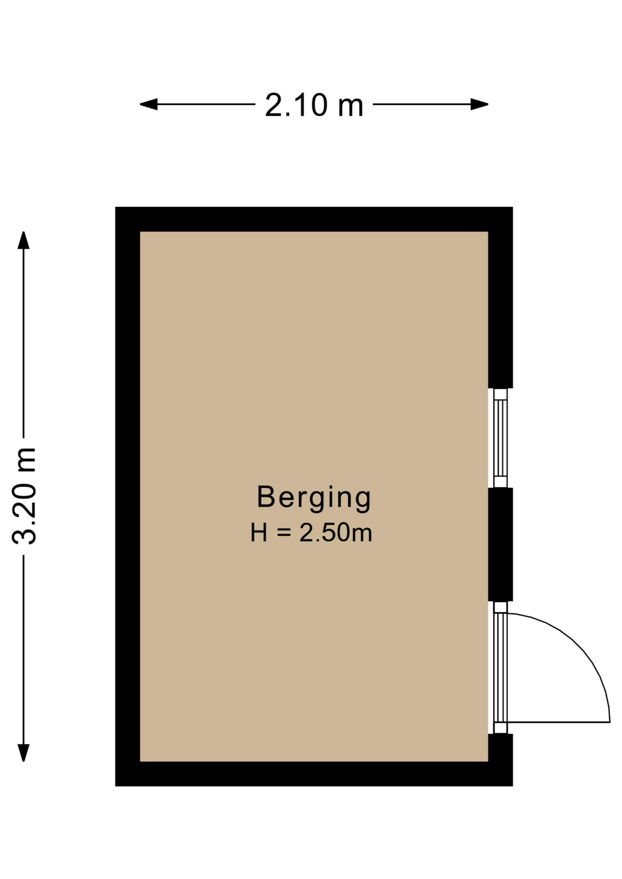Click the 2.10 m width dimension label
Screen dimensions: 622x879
(314, 105)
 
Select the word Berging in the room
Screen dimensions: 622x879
(314, 498)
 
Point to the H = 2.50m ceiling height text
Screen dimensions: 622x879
(311, 533)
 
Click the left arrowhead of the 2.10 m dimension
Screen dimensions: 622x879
(148, 104)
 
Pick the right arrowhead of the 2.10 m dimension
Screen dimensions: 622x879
(480, 104)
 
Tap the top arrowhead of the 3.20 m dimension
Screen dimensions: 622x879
(23, 240)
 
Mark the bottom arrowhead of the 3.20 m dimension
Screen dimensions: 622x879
(23, 753)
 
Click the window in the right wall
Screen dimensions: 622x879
(500, 438)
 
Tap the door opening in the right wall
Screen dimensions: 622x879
(500, 667)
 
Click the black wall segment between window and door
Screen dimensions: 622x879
(500, 544)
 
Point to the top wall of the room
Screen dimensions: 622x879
(314, 219)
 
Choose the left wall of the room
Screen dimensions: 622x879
(128, 496)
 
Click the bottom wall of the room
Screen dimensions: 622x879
(314, 774)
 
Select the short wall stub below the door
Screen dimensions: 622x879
(500, 748)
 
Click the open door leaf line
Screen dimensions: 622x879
(559, 722)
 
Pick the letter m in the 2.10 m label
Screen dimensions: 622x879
(350, 109)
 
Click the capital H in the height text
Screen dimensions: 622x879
(259, 533)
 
